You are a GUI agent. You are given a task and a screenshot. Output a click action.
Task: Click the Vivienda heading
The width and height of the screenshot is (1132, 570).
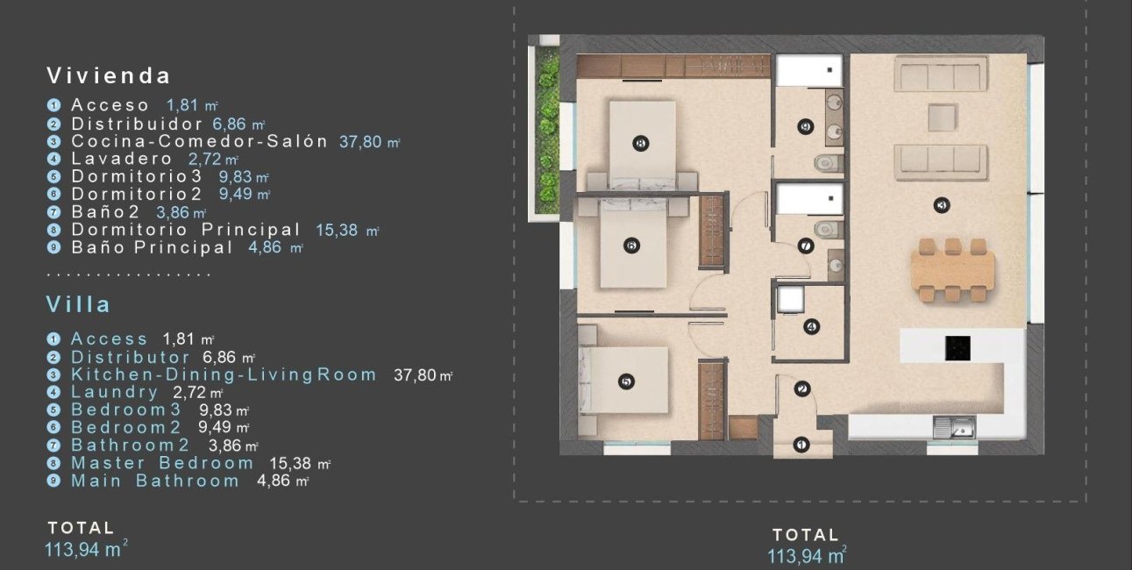tap(109, 75)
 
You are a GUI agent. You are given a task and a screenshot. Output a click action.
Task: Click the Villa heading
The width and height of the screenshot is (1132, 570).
tap(79, 305)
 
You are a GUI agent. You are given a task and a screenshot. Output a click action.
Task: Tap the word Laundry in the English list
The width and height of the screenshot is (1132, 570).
tap(115, 392)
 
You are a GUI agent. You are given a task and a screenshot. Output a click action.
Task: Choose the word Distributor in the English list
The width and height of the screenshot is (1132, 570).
tap(130, 357)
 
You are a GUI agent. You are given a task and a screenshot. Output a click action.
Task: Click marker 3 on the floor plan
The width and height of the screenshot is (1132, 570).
tap(943, 206)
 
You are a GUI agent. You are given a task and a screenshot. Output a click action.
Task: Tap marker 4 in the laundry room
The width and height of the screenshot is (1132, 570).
tap(811, 327)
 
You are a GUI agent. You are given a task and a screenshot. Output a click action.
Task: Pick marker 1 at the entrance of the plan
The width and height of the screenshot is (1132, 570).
tap(801, 445)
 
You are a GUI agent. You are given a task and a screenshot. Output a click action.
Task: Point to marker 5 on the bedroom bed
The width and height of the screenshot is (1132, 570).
tap(625, 381)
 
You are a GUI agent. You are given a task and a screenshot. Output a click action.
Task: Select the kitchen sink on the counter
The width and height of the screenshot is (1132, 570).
tap(954, 428)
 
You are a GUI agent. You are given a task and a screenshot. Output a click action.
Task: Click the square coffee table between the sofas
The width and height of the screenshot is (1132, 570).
tap(942, 117)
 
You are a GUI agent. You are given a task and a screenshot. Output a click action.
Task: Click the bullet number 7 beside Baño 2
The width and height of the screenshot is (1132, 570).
tap(53, 212)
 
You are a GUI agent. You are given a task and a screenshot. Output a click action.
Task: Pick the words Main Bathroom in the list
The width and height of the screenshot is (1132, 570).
tap(154, 481)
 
